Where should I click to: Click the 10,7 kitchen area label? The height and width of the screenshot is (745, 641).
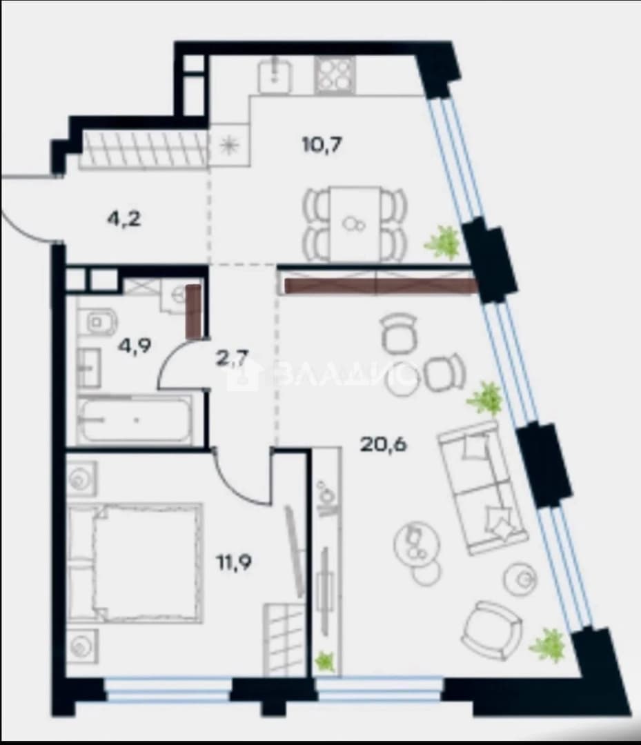pyautogui.click(x=323, y=143)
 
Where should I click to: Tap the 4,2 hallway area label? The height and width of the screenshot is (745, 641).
pyautogui.click(x=124, y=219)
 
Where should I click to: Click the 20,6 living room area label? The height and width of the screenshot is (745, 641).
pyautogui.click(x=384, y=445)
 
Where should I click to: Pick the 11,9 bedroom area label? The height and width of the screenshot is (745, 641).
pyautogui.click(x=235, y=563)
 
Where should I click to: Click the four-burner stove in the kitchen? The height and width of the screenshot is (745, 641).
pyautogui.click(x=335, y=75)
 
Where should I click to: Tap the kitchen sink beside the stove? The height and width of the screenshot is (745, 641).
pyautogui.click(x=274, y=75)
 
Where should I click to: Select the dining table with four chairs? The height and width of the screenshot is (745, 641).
pyautogui.click(x=355, y=223)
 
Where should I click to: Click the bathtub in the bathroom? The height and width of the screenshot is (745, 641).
pyautogui.click(x=135, y=420)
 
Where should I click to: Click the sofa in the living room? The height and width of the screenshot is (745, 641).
pyautogui.click(x=483, y=488)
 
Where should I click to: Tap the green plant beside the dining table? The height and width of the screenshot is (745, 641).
pyautogui.click(x=443, y=242)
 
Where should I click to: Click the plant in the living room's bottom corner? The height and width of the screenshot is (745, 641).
pyautogui.click(x=548, y=645)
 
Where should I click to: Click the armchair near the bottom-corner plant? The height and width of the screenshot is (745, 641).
pyautogui.click(x=491, y=630)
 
